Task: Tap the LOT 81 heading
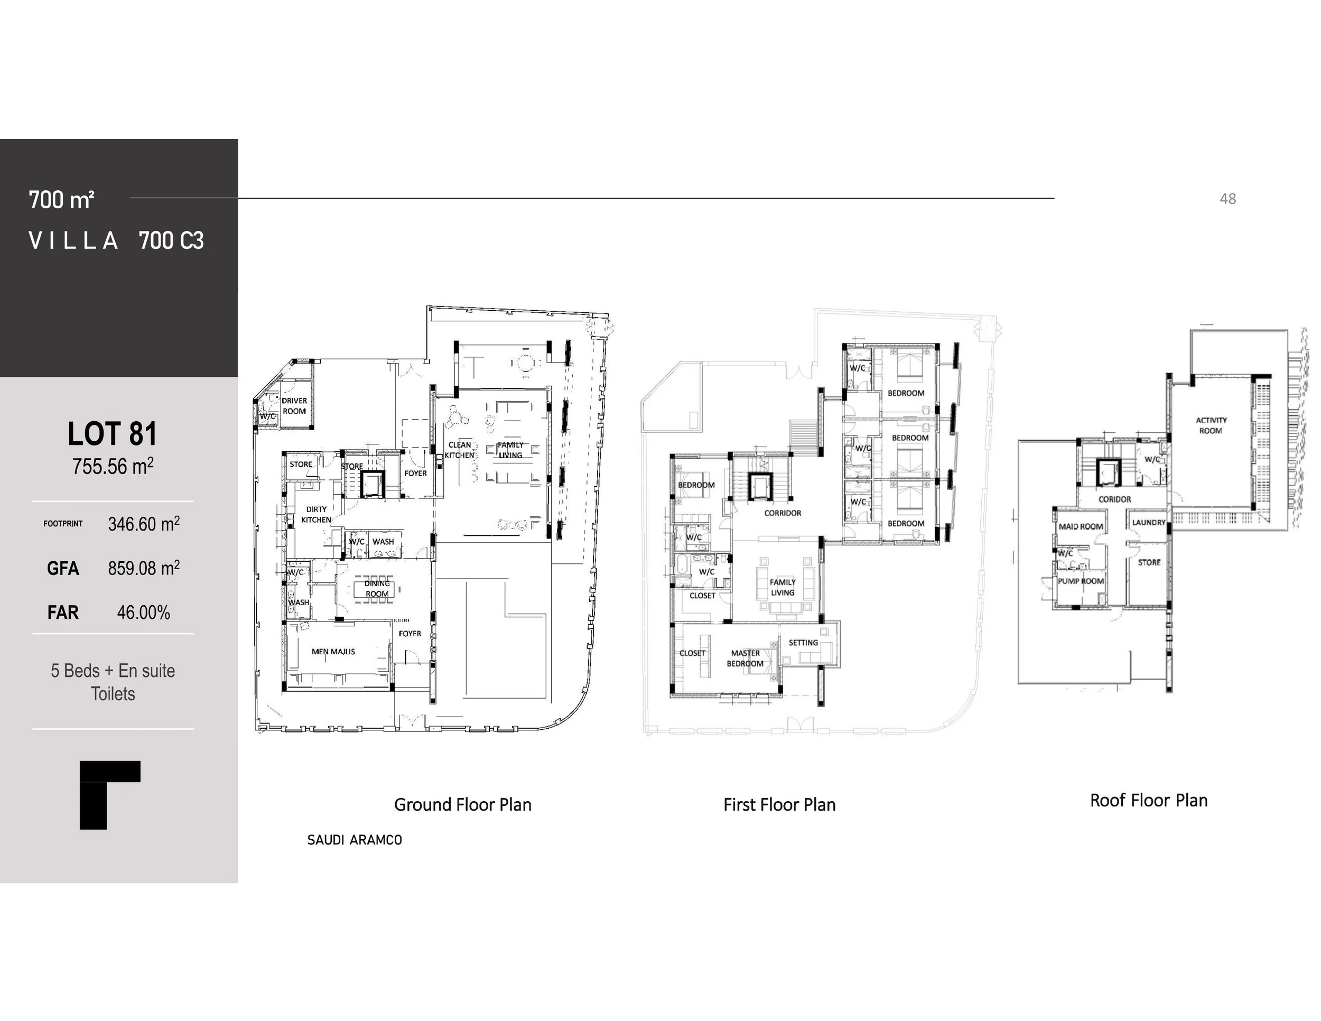pyautogui.click(x=113, y=434)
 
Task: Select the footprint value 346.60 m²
pyautogui.click(x=143, y=524)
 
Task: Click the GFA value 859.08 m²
pyautogui.click(x=143, y=568)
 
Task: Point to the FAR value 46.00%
pyautogui.click(x=143, y=612)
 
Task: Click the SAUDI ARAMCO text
pyautogui.click(x=355, y=840)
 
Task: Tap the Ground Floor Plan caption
pyautogui.click(x=463, y=804)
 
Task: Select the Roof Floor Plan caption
pyautogui.click(x=1149, y=800)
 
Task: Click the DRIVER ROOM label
pyautogui.click(x=294, y=406)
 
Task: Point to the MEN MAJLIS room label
pyautogui.click(x=333, y=652)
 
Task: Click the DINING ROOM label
pyautogui.click(x=377, y=589)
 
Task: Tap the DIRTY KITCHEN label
pyautogui.click(x=317, y=515)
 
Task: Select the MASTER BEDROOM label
pyautogui.click(x=745, y=658)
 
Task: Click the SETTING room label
pyautogui.click(x=803, y=643)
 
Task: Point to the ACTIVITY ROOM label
pyautogui.click(x=1211, y=425)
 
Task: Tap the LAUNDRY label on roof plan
pyautogui.click(x=1149, y=522)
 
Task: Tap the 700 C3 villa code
pyautogui.click(x=171, y=241)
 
